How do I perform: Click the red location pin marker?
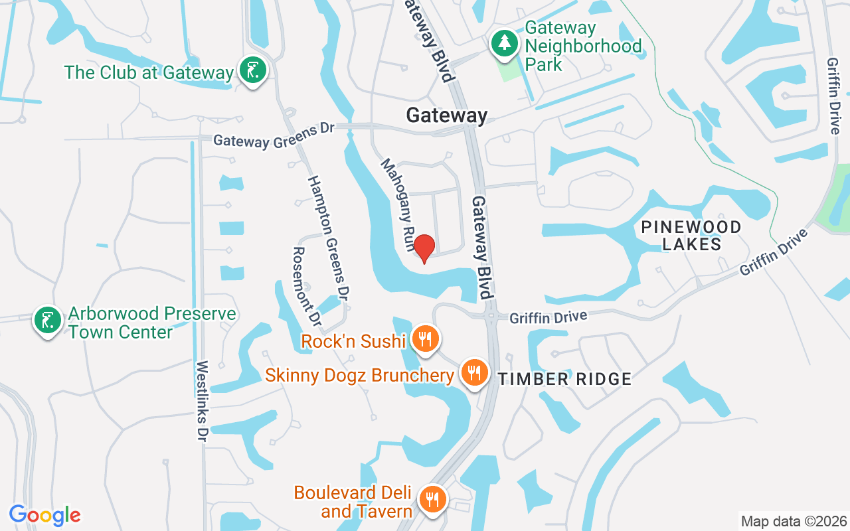click(424, 248)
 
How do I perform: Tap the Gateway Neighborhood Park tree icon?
click(505, 44)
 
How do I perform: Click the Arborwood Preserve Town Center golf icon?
click(47, 320)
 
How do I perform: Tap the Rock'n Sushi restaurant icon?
click(424, 339)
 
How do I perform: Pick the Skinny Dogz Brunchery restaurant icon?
click(473, 373)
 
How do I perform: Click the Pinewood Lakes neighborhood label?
click(691, 236)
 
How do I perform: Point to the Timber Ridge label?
click(564, 379)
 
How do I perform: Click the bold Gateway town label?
click(447, 115)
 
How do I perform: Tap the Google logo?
click(44, 515)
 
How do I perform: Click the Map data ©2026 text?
click(794, 521)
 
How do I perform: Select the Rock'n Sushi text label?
click(353, 341)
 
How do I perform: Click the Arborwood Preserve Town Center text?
click(152, 322)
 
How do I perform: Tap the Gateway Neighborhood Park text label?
click(583, 46)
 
